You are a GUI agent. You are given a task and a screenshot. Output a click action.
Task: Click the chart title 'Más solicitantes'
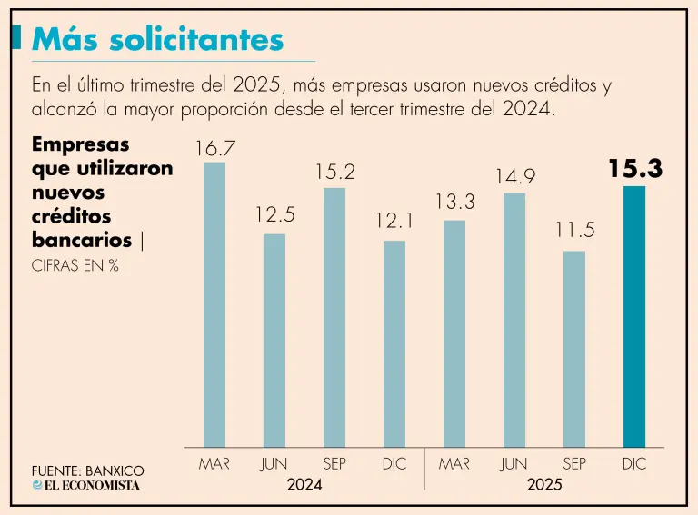click(158, 39)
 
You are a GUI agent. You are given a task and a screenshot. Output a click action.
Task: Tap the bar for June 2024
click(274, 340)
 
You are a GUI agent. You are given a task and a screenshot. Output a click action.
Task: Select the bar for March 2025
click(454, 332)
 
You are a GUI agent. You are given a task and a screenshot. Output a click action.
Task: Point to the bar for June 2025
click(514, 319)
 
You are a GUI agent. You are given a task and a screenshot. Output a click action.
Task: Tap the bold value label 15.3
click(634, 169)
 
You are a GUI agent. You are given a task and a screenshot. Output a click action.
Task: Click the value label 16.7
click(215, 146)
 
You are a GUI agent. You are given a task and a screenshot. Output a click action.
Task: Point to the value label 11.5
click(575, 231)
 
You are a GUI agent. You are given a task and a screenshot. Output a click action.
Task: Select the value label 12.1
click(394, 222)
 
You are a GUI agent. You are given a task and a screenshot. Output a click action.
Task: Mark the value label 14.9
click(514, 176)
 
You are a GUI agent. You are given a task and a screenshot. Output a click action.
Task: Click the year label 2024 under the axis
click(304, 485)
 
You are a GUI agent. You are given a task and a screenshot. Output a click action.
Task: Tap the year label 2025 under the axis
click(544, 485)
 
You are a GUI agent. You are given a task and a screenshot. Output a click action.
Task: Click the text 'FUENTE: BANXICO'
click(87, 470)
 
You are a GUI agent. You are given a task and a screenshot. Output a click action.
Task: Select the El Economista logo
click(86, 486)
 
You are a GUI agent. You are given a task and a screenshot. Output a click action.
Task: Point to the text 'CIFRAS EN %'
click(75, 266)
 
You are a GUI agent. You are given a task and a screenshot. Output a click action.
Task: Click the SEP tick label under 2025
click(574, 464)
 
